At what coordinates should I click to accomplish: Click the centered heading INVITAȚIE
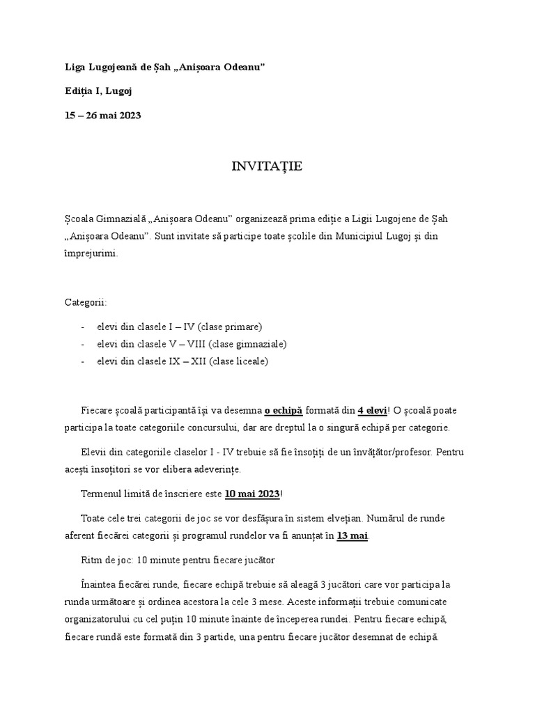(x=267, y=167)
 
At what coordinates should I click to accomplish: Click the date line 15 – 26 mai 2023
(x=103, y=115)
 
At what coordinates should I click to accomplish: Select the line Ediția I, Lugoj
(x=98, y=91)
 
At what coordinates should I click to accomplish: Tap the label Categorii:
(x=86, y=303)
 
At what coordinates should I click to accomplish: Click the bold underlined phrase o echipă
(x=284, y=410)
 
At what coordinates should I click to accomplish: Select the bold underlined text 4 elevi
(x=373, y=410)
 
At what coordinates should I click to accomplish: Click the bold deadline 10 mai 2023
(x=251, y=494)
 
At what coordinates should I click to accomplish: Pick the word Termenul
(x=101, y=494)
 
